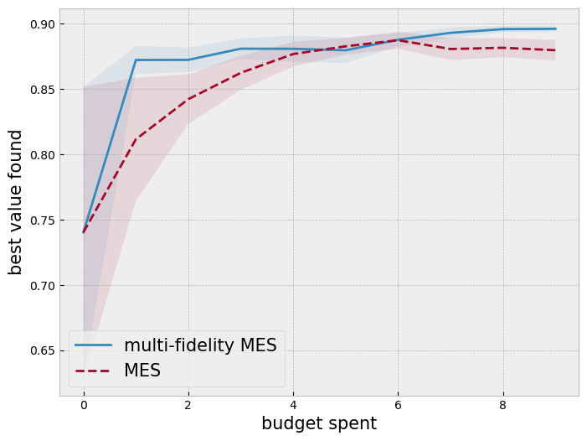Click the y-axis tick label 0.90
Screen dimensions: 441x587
point(39,24)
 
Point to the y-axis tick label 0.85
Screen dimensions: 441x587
point(39,90)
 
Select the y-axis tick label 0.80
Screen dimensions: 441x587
point(39,155)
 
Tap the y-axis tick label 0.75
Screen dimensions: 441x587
point(39,220)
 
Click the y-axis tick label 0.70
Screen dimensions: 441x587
point(39,286)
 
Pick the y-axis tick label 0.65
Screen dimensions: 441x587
point(39,351)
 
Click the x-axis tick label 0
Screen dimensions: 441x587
point(84,405)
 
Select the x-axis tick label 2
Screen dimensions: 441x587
point(188,405)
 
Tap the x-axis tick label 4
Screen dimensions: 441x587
point(293,405)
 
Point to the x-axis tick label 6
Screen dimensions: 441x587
point(398,405)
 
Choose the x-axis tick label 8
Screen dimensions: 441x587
point(502,405)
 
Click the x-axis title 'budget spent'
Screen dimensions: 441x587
point(319,423)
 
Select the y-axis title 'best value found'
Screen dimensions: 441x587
point(16,202)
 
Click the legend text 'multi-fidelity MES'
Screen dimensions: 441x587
point(200,345)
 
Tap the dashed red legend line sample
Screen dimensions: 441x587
point(94,371)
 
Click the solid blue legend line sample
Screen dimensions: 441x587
point(94,345)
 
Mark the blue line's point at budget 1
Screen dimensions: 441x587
point(136,60)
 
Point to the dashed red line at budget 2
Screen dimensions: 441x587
point(188,99)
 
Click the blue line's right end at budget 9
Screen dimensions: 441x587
point(555,29)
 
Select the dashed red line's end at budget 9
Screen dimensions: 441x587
point(555,50)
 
